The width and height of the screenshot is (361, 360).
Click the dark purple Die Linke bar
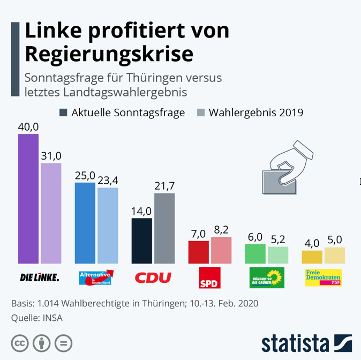tap(28, 199)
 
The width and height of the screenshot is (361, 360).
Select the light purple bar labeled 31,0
tap(51, 213)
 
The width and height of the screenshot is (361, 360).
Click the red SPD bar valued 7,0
tap(198, 252)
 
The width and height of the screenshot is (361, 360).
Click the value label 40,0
tap(28, 126)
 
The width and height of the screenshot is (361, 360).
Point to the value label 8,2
tap(221, 230)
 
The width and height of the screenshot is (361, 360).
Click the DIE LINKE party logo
tap(39, 277)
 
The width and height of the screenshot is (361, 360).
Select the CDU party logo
tap(153, 277)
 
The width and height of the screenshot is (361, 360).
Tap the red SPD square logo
tap(209, 277)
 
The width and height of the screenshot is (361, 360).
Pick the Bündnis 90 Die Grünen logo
tap(267, 277)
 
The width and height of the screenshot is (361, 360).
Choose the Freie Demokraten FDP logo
tap(323, 277)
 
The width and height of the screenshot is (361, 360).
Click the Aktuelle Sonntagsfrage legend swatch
tap(63, 112)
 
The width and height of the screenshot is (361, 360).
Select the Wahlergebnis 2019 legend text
tap(256, 112)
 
